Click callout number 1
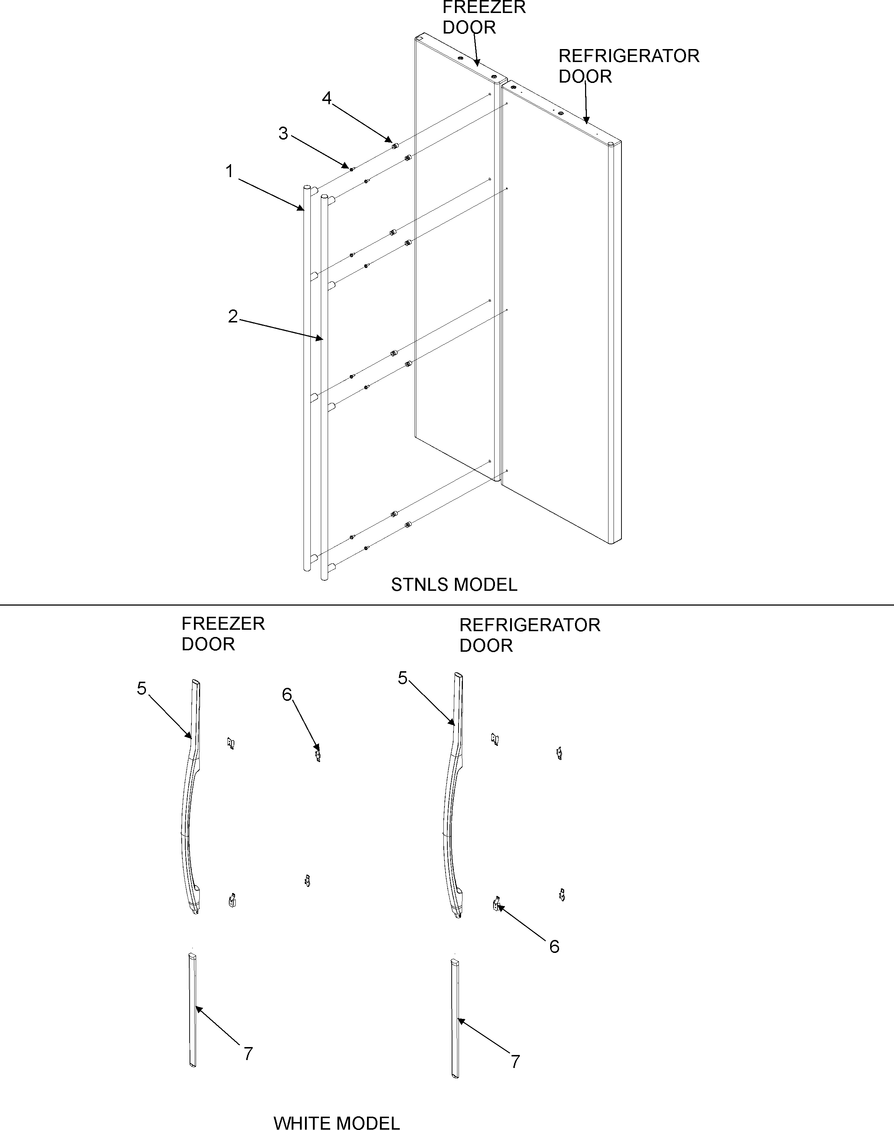(229, 171)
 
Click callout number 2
(233, 316)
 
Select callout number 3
(283, 133)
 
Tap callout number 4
(327, 98)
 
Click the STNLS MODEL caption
(454, 584)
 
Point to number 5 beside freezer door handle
(141, 689)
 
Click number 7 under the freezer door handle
(248, 1054)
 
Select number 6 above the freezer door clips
(287, 694)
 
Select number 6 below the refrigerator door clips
(554, 946)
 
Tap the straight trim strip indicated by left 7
(192, 1011)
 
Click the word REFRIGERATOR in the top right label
(629, 56)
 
